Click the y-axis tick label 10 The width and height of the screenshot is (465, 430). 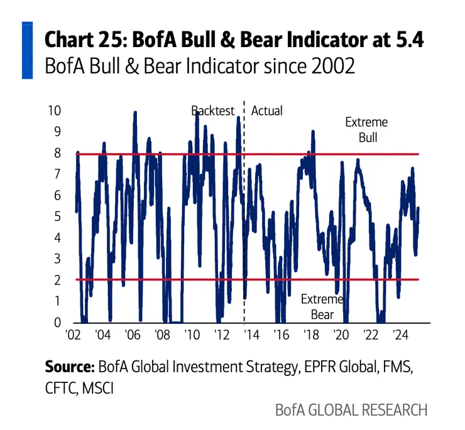point(54,110)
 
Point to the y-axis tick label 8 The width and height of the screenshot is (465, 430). point(57,153)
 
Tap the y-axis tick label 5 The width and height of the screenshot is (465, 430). point(57,217)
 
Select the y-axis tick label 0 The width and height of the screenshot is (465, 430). point(57,322)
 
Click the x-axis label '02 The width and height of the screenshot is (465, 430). point(74,335)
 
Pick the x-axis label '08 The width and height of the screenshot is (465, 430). point(162,335)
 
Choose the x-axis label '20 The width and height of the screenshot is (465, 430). point(341,335)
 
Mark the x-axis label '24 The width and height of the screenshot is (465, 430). point(400,335)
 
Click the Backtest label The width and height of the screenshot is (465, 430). point(212,111)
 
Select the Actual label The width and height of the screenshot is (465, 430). point(267,111)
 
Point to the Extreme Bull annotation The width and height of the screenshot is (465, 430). point(367,129)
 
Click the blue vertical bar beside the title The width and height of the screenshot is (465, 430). point(27,50)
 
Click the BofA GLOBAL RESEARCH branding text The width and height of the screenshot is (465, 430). point(351,411)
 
